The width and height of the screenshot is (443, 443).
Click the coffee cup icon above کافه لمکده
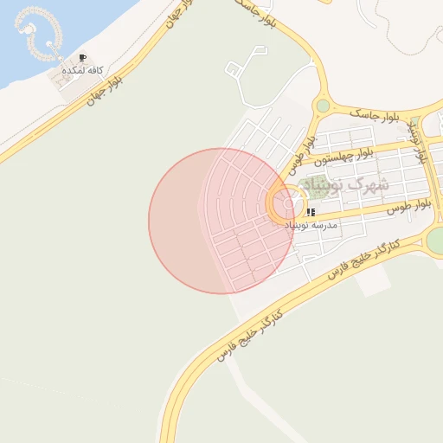click(82, 58)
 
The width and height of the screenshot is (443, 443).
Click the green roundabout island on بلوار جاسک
click(323, 106)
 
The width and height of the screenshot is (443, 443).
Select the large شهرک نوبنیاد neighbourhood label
click(350, 184)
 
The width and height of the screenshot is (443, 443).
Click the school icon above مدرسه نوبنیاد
click(310, 211)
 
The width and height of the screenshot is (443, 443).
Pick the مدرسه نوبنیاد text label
click(311, 224)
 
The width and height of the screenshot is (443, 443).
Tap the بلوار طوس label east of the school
click(408, 207)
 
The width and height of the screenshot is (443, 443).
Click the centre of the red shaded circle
click(221, 221)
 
